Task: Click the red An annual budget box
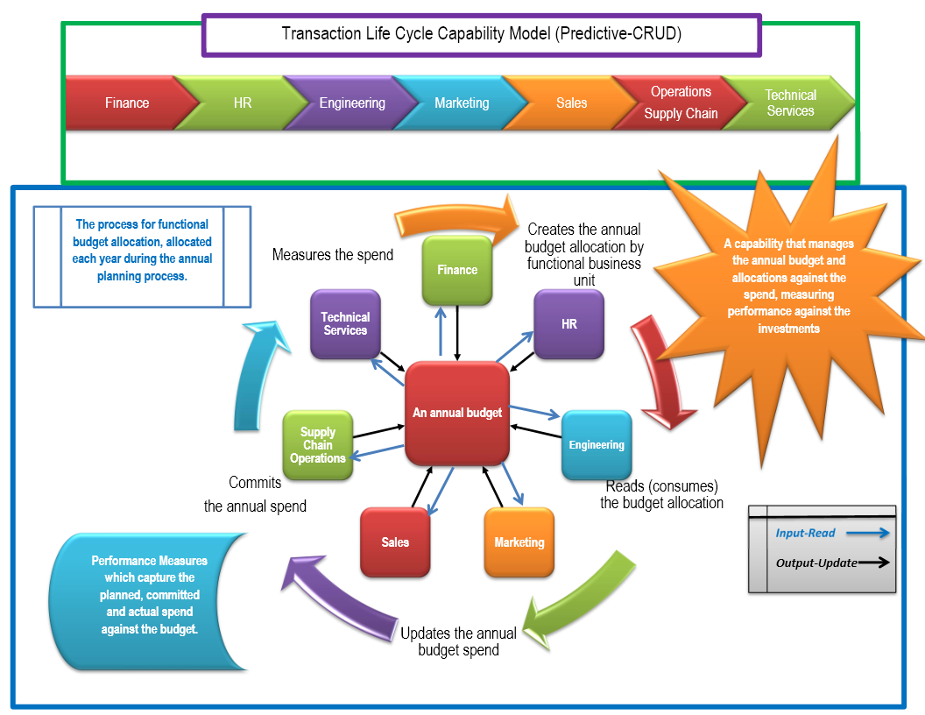457,413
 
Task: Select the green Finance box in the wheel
457,270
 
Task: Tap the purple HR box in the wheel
569,324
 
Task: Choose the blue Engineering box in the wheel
597,445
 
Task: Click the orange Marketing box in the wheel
519,542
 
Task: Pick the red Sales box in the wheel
395,542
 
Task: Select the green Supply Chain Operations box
318,445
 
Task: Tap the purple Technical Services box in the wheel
345,324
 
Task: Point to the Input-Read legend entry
830,533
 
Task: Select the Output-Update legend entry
830,563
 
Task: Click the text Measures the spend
333,255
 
